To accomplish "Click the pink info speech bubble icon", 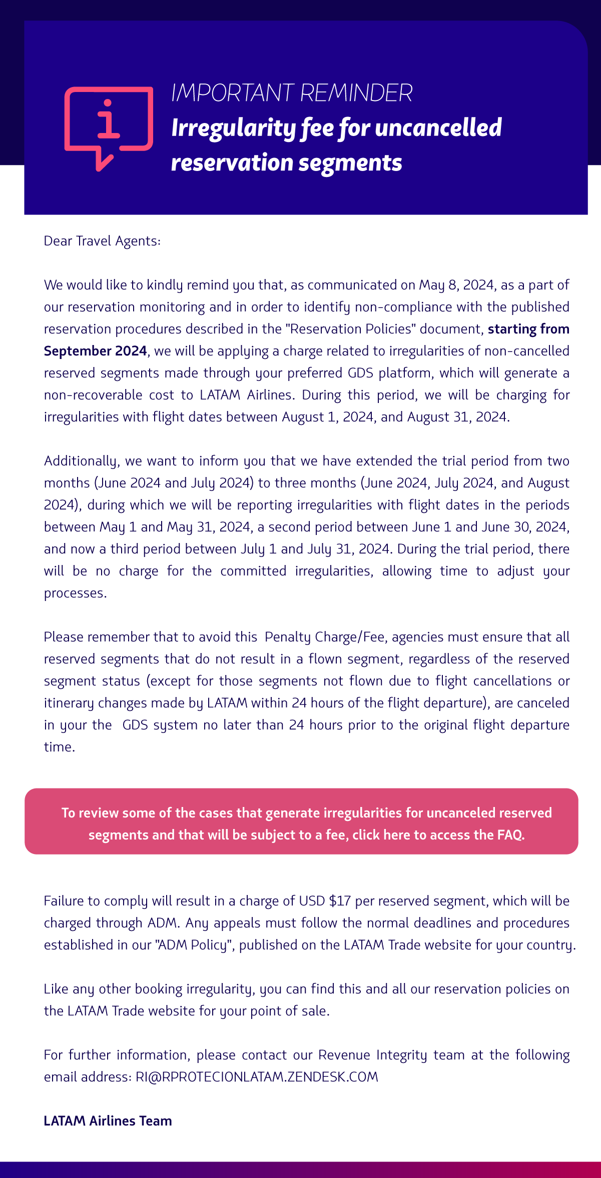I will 109,127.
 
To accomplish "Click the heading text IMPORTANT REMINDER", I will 292,93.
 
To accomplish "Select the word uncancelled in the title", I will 438,127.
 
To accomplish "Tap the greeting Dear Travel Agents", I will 102,241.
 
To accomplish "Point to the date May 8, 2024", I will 456,285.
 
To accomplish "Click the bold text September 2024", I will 95,351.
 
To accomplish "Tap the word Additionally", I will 82,461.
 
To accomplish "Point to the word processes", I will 75,593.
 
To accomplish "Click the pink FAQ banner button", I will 301,821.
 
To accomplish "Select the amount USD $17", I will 325,901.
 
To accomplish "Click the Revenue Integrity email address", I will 257,1077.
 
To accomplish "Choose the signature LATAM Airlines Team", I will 108,1121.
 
